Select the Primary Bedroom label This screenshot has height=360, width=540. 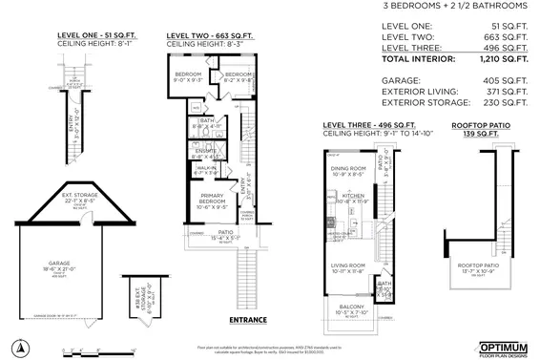[x=211, y=198]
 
